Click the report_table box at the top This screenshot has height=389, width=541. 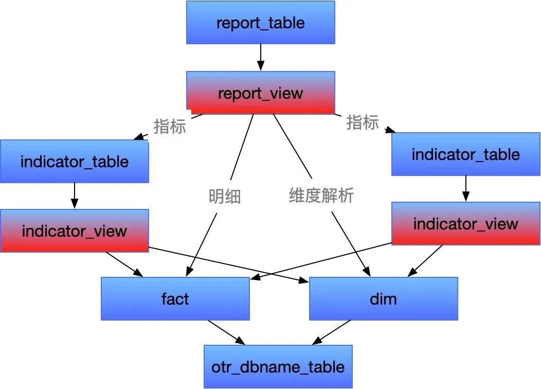tap(260, 23)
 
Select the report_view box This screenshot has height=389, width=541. tap(260, 93)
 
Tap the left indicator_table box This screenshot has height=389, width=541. tap(75, 162)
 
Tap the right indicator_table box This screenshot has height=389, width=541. tap(466, 154)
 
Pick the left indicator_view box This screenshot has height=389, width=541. tap(75, 231)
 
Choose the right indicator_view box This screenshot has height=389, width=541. tap(466, 223)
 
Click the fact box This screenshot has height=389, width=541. tap(175, 298)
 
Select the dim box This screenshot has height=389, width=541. tap(383, 298)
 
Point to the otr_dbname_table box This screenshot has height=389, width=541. tap(278, 366)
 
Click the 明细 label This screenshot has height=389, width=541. tap(225, 196)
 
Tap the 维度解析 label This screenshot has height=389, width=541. tap(321, 196)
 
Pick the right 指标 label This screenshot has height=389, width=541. tap(363, 122)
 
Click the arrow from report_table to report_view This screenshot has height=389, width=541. tap(260, 57)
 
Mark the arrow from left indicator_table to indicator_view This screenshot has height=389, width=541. tap(75, 196)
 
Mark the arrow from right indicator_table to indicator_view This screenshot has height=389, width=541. tap(466, 188)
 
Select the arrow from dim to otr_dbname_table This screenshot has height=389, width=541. tap(332, 332)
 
